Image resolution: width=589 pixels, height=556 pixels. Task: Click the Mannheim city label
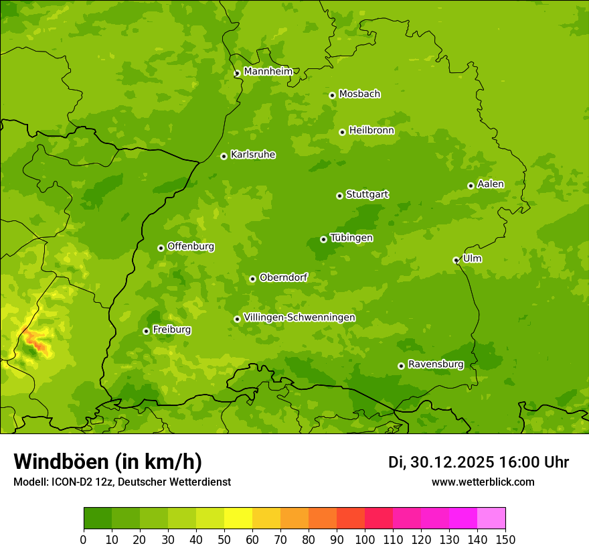pyautogui.click(x=268, y=72)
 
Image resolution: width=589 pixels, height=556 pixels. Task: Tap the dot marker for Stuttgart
pyautogui.click(x=339, y=196)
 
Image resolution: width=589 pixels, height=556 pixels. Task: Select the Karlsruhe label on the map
pyautogui.click(x=253, y=155)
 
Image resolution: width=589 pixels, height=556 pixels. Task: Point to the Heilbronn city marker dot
pyautogui.click(x=342, y=132)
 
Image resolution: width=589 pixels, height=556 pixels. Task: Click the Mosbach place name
pyautogui.click(x=359, y=94)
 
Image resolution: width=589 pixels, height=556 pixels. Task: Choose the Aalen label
pyautogui.click(x=491, y=184)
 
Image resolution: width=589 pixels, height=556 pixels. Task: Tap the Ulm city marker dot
pyautogui.click(x=456, y=260)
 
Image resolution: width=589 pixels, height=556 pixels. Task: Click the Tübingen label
pyautogui.click(x=351, y=238)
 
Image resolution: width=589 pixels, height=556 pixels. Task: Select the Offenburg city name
pyautogui.click(x=191, y=247)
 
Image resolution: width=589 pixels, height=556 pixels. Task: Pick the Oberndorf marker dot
pyautogui.click(x=252, y=279)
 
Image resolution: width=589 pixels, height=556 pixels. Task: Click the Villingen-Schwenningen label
pyautogui.click(x=300, y=318)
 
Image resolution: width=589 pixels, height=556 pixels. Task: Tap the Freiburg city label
pyautogui.click(x=172, y=330)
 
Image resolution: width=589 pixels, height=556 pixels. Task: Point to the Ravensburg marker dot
pyautogui.click(x=401, y=366)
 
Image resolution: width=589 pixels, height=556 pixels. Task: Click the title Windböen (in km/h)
pyautogui.click(x=108, y=462)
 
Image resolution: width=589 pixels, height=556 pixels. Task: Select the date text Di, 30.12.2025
pyautogui.click(x=441, y=462)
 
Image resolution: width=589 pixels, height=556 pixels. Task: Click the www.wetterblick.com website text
pyautogui.click(x=483, y=482)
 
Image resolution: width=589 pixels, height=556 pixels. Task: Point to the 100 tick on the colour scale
pyautogui.click(x=365, y=539)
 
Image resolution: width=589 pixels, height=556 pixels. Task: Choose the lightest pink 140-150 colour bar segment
pyautogui.click(x=491, y=518)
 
